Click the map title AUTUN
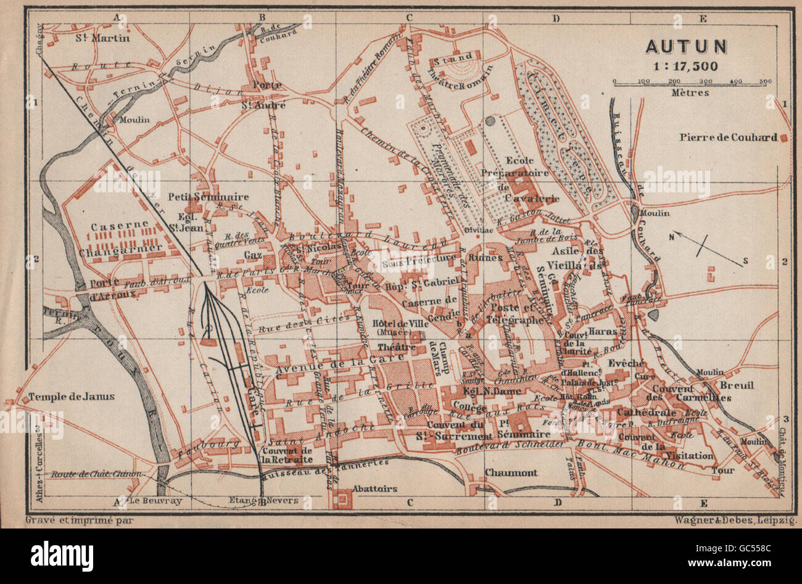pos(687,47)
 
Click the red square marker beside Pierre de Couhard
pos(784,138)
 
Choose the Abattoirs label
pos(373,488)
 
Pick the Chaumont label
pos(511,472)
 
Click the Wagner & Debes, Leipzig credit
pos(737,520)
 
